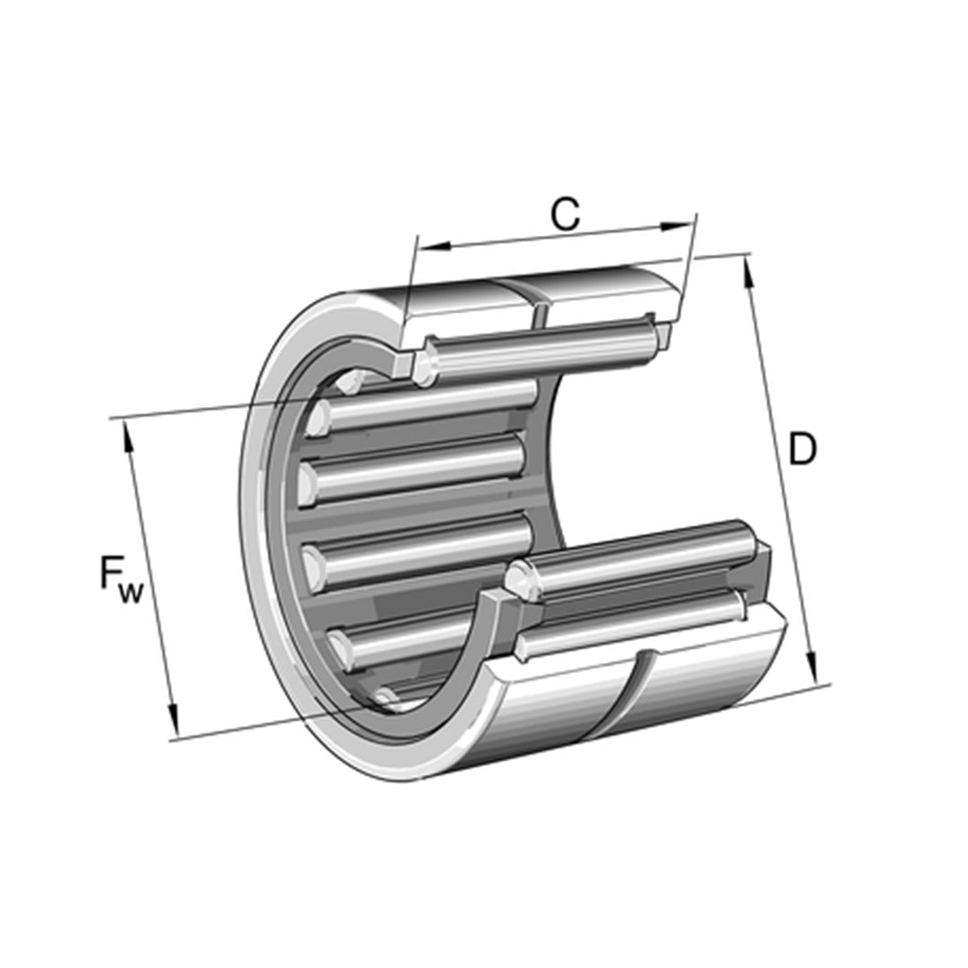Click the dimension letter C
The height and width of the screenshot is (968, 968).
[x=565, y=215]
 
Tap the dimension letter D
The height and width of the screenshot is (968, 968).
[x=802, y=450]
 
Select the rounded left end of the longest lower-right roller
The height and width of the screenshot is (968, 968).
[x=518, y=581]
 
